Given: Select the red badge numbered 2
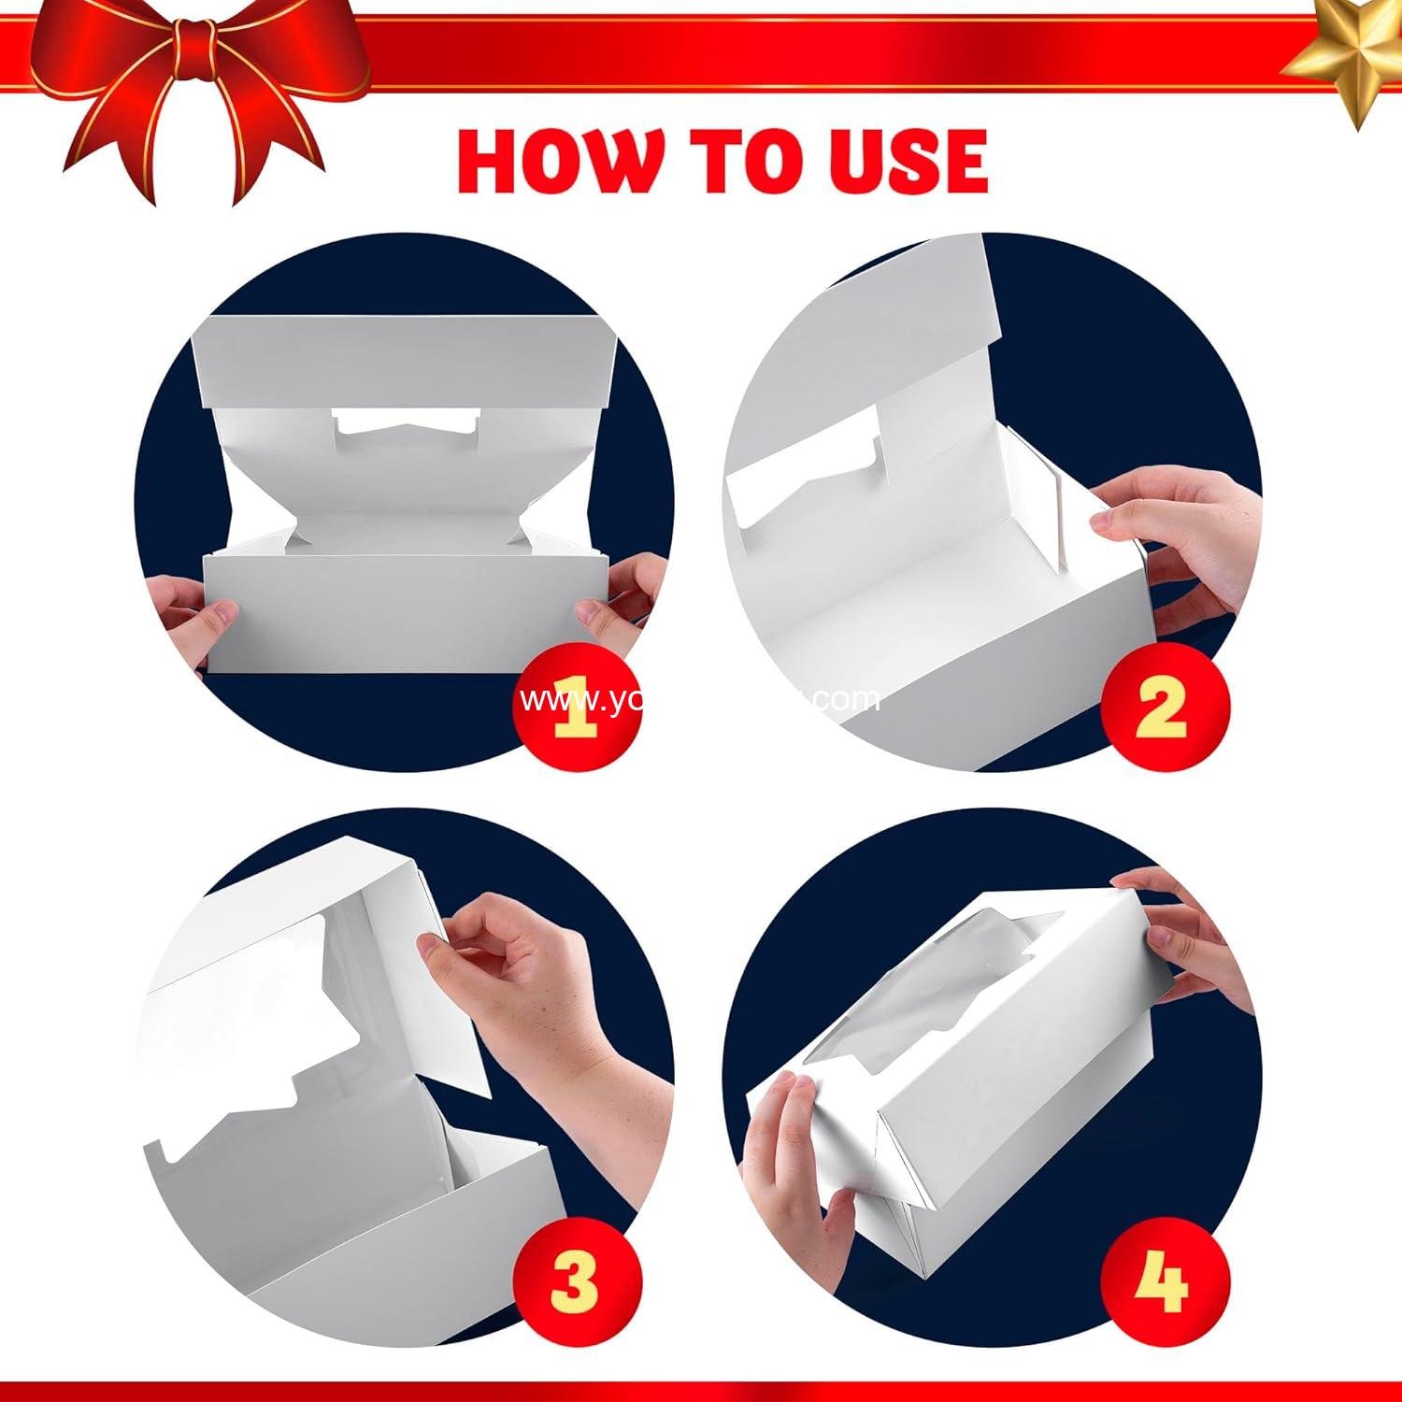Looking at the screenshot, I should point(1162,708).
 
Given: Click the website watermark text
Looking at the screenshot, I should point(701,699).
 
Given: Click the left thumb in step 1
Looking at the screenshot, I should point(210,617).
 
